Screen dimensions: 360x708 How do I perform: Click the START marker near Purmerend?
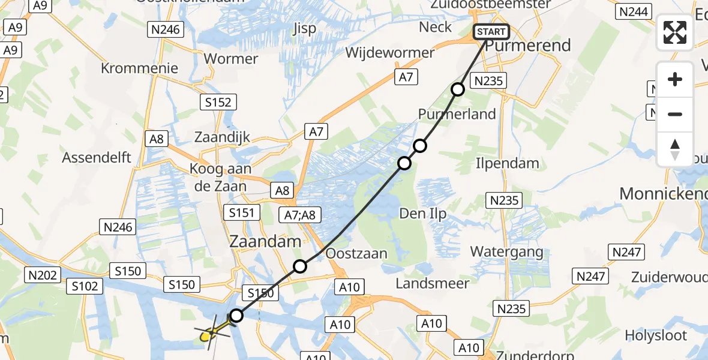pos(491,32)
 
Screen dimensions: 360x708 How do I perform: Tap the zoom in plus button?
pos(675,80)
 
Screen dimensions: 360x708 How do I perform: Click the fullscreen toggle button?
pos(675,32)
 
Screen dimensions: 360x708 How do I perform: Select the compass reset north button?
pos(675,149)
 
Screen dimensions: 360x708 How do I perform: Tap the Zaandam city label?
pos(265,242)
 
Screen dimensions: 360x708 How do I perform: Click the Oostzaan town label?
pos(356,254)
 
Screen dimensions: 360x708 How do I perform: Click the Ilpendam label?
pos(507,163)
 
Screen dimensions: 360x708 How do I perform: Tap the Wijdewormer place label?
pos(389,53)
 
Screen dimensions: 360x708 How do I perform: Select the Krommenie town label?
pos(139,68)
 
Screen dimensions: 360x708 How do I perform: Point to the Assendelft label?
pos(97,158)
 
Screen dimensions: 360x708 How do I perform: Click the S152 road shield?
pos(218,103)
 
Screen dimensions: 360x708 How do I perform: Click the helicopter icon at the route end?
pos(211,332)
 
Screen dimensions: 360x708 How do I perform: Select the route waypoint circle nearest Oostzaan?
pos(299,266)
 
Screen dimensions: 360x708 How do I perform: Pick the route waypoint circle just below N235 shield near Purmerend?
pos(458,89)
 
